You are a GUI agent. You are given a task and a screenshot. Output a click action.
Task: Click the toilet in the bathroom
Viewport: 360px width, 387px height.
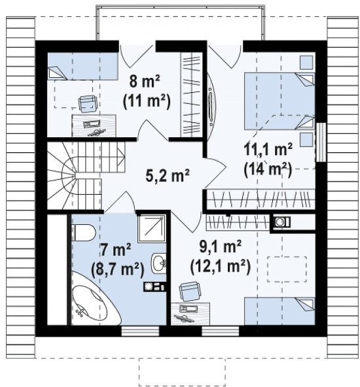83,232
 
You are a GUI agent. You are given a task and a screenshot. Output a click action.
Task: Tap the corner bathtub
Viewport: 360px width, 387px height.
93,301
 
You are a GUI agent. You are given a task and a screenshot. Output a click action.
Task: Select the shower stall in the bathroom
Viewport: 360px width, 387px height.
152,228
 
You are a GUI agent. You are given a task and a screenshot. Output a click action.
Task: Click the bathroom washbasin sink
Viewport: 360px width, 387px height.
158,263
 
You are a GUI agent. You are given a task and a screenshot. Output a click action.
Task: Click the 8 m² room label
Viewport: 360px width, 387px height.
145,81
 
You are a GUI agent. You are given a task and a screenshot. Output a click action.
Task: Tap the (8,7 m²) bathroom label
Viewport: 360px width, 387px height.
118,269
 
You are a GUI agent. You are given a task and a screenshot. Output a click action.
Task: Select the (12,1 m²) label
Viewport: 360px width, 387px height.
221,267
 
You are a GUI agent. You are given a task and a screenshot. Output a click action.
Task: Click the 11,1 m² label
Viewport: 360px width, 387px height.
268,149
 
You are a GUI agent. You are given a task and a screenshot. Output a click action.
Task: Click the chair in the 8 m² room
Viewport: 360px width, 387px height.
88,104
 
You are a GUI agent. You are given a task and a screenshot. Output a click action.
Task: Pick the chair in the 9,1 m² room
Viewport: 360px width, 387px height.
189,292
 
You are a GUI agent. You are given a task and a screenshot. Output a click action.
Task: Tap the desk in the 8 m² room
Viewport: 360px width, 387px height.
94,126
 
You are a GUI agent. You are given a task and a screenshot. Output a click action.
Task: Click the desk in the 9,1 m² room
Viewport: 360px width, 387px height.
190,314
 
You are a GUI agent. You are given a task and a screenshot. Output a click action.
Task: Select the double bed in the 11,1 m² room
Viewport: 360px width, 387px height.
279,101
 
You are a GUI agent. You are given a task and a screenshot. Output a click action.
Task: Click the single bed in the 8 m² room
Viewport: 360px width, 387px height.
82,66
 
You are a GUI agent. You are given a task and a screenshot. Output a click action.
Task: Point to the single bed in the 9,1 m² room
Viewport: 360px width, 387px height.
279,311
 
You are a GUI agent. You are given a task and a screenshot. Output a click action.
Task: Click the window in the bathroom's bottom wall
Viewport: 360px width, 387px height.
140,331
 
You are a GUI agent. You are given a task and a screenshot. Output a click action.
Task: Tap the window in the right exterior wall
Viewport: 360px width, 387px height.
321,142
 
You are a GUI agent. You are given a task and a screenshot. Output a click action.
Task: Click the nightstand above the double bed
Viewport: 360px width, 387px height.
307,63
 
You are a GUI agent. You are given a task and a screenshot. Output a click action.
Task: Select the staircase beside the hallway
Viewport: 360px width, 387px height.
86,175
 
